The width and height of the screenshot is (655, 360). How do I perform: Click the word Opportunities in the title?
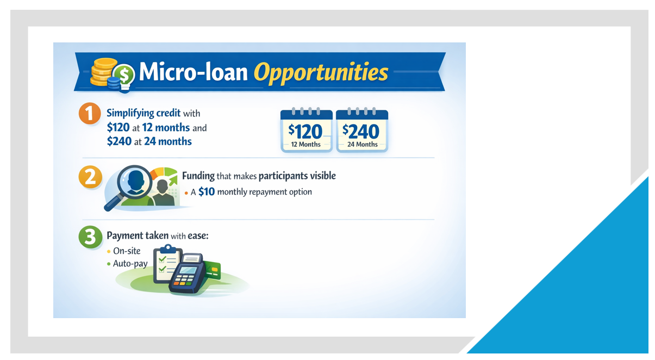pos(321,73)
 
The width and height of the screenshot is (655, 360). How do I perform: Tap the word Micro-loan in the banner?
pos(193,72)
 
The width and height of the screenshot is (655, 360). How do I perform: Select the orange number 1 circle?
pos(90,113)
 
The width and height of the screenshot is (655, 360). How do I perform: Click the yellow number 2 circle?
pos(90,177)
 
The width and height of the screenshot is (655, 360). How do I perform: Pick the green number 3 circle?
pos(90,237)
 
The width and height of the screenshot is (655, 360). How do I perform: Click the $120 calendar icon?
pos(307,130)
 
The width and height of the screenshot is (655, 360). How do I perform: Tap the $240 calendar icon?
pos(362,130)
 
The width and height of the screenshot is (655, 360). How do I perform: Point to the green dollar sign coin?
pos(124,75)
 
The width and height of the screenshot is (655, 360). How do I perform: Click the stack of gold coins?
pos(102,72)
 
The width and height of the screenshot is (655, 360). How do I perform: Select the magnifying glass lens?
pos(134,182)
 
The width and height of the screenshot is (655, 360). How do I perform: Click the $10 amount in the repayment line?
pos(207,192)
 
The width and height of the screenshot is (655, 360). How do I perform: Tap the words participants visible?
pos(297,176)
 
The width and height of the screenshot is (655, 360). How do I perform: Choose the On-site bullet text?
pos(127,251)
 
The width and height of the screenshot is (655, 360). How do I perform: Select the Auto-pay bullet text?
pos(130,264)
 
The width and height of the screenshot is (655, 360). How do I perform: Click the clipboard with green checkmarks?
pos(167,265)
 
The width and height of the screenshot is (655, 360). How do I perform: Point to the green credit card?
pos(213,270)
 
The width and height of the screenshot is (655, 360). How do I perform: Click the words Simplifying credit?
pos(144,113)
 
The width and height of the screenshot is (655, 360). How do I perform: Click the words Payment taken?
pos(138,235)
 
